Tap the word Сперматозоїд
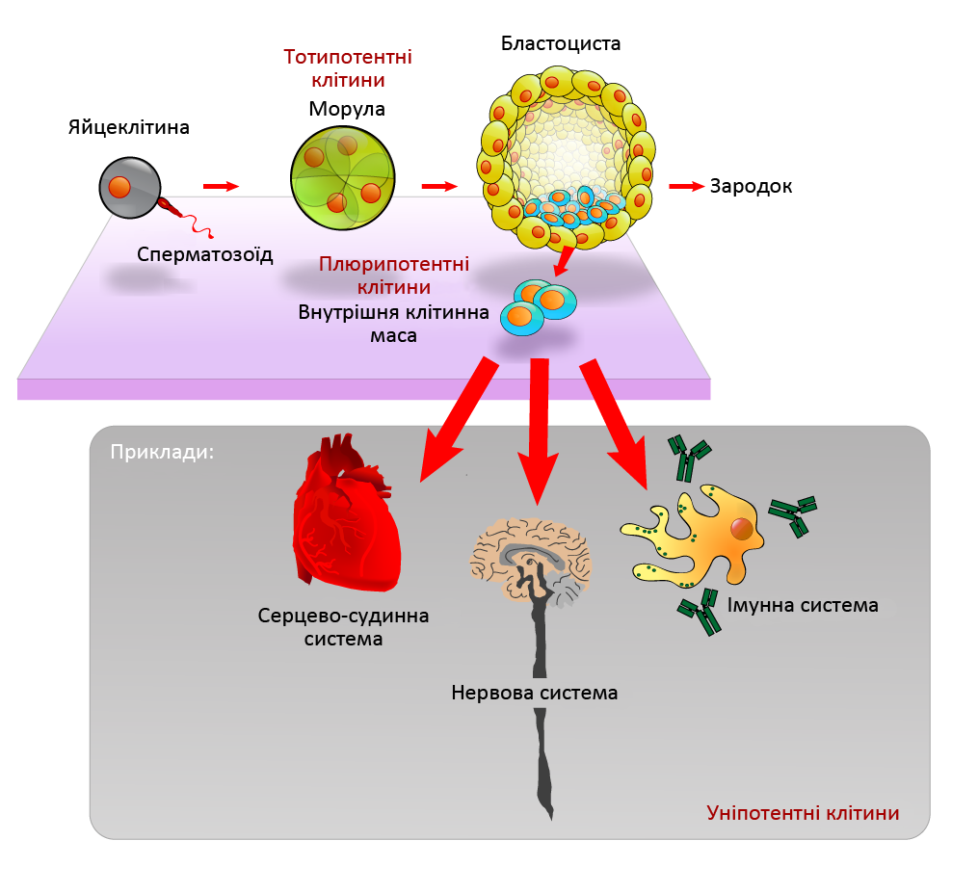[x=205, y=254]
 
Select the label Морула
[x=347, y=109]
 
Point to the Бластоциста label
[x=562, y=44]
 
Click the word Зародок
[x=752, y=187]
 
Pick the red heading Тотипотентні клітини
[x=348, y=68]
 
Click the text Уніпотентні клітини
[x=803, y=813]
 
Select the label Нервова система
[x=535, y=693]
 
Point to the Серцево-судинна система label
[x=343, y=626]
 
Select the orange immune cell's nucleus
[x=741, y=529]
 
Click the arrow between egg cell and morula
[x=220, y=186]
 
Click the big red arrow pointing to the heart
[x=452, y=420]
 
